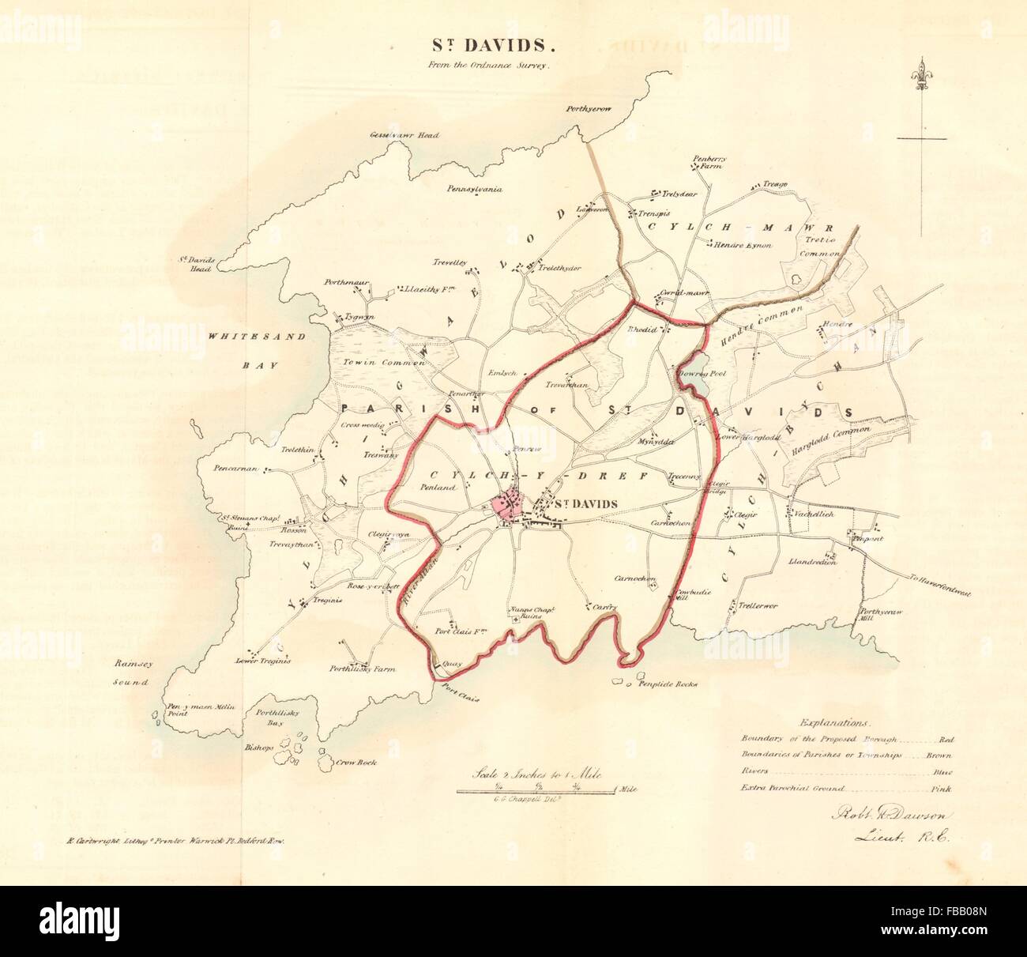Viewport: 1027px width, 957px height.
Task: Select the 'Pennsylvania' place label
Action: point(474,190)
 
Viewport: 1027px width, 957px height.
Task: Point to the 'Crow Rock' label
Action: point(354,763)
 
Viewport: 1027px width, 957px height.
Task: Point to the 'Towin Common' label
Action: point(384,362)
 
